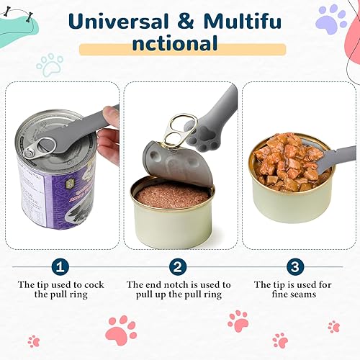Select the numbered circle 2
(x=179, y=267)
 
